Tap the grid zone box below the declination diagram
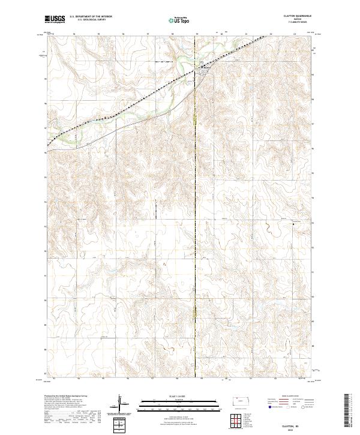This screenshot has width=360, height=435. click(x=121, y=424)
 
